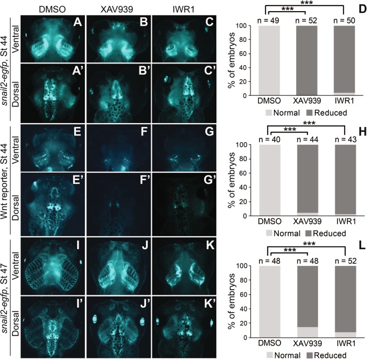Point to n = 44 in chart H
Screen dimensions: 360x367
(305, 138)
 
